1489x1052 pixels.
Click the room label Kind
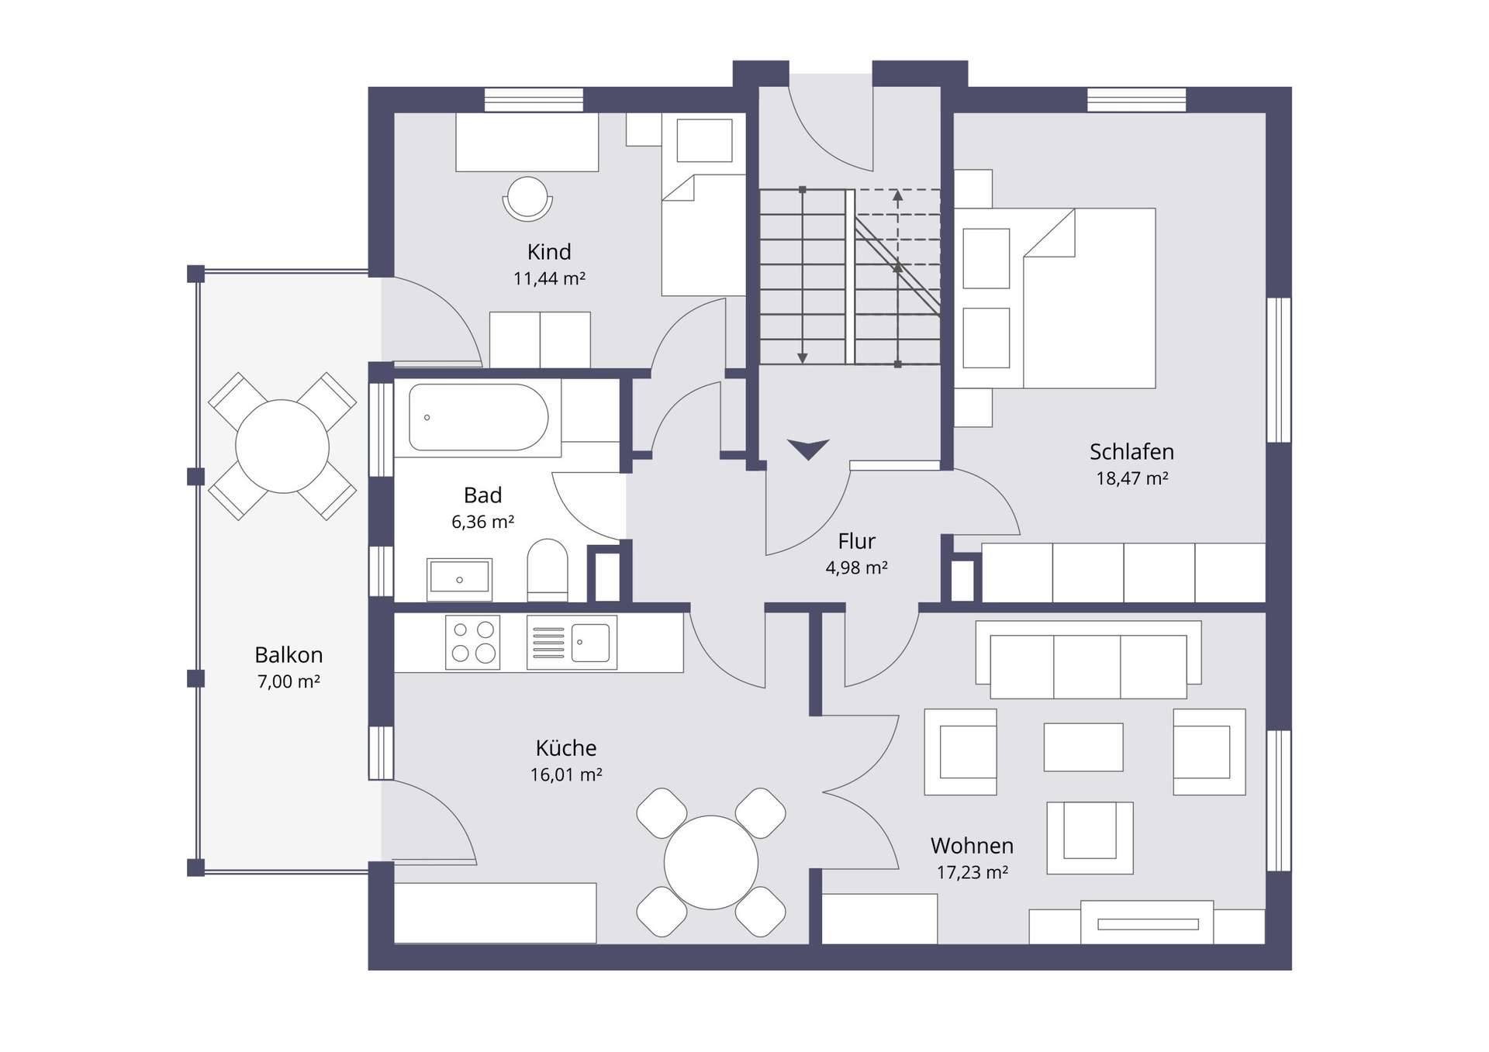click(549, 252)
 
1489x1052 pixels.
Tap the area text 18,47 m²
click(1131, 478)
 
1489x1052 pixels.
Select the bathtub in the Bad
click(478, 417)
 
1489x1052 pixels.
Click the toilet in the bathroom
click(547, 570)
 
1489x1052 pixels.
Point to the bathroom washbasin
click(459, 579)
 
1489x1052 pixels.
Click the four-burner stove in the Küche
click(472, 643)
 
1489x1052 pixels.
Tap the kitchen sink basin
click(590, 642)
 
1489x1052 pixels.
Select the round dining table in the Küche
click(710, 862)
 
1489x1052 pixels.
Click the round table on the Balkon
click(282, 446)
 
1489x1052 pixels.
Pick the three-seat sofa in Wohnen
click(1088, 660)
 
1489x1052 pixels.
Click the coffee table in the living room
click(1083, 747)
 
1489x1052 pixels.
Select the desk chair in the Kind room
click(527, 198)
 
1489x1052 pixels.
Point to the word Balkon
click(288, 655)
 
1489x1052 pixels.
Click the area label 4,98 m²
click(856, 567)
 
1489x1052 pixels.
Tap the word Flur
click(856, 541)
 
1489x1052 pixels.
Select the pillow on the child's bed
click(704, 140)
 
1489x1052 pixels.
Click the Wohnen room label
click(972, 845)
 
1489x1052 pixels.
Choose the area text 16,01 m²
click(566, 774)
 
